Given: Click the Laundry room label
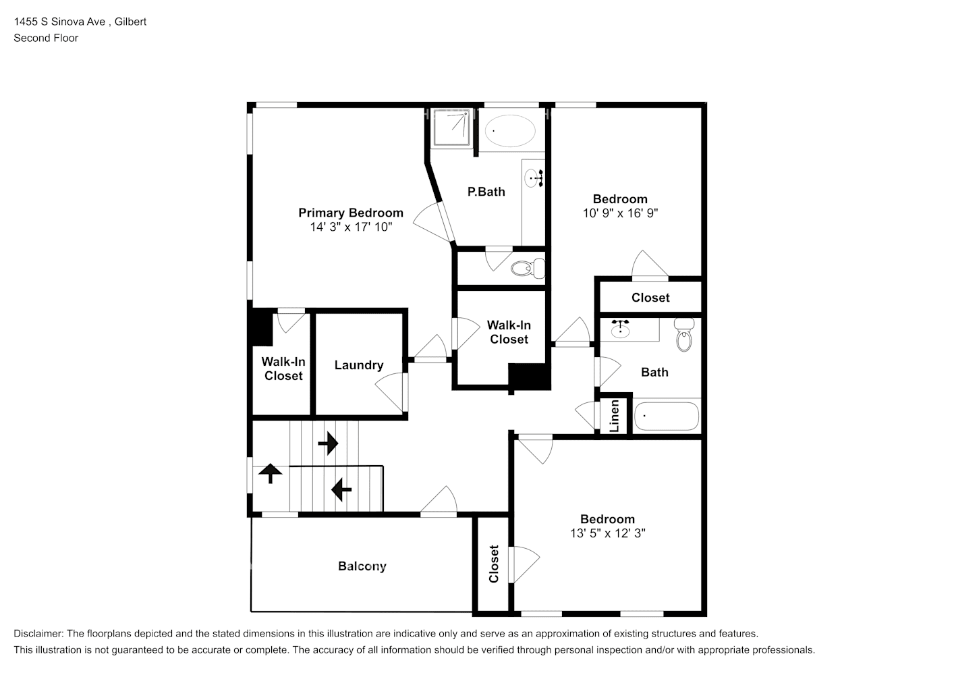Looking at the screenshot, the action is tap(359, 365).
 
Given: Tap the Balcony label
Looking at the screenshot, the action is tap(362, 566).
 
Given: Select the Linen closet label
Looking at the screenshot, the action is tap(614, 416).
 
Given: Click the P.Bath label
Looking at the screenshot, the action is tap(486, 192).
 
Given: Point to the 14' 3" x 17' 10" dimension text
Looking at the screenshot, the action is tap(351, 227).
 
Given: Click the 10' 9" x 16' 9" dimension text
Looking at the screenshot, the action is tap(620, 213).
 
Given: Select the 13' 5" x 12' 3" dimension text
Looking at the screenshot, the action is tap(608, 533).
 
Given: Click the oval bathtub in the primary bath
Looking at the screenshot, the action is tap(510, 131).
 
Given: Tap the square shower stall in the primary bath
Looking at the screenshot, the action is tap(451, 127).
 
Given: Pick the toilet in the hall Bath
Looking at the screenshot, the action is tap(684, 335).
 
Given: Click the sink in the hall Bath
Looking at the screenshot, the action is tap(621, 329).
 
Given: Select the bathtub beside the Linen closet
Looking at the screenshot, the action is tap(667, 416).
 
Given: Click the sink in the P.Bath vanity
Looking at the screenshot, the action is tap(534, 178).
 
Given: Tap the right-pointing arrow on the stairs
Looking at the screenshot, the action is tap(328, 443).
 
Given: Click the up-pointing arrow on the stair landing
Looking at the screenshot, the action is tap(271, 473).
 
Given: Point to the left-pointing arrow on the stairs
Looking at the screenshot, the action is tap(341, 489).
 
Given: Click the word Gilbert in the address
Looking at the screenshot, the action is tap(130, 22).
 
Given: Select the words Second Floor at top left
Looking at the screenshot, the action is tap(46, 38).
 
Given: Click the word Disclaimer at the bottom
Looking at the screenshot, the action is tap(38, 634).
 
